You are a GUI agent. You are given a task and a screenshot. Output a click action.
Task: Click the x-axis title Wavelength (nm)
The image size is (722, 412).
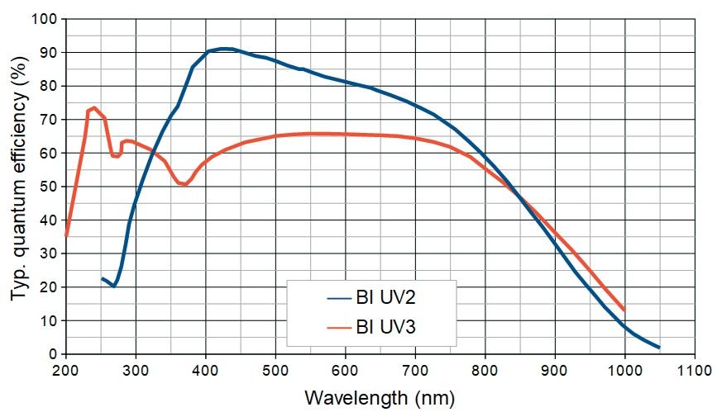[380, 398]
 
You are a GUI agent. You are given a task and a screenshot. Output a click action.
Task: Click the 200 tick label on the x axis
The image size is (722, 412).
[66, 369]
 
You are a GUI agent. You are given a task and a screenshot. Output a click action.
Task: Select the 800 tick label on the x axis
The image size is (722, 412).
[485, 369]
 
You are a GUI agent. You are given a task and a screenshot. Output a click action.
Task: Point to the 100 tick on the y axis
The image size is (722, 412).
[45, 18]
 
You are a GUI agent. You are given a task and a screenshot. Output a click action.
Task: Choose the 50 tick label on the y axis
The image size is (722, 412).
[49, 187]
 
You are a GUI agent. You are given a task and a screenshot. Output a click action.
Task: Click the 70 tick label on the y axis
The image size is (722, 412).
[49, 119]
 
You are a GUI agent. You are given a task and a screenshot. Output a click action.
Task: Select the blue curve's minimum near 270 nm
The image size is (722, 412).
[114, 286]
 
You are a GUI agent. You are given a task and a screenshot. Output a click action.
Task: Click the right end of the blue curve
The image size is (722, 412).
[659, 348]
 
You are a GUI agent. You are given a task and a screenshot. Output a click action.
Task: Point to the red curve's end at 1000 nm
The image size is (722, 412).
[624, 310]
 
